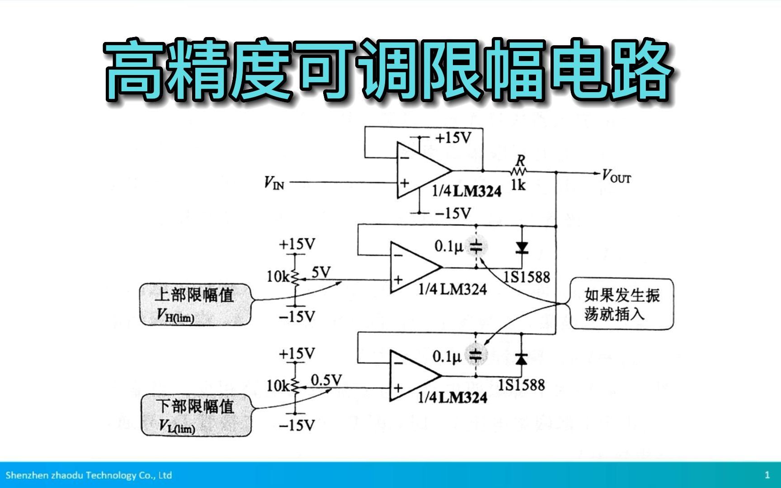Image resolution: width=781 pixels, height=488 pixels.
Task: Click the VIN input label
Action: click(x=274, y=183)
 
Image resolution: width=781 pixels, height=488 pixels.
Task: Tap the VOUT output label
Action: click(x=616, y=176)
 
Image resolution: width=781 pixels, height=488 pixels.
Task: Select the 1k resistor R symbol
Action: click(x=518, y=171)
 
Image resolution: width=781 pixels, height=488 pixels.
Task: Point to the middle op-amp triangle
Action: click(x=413, y=267)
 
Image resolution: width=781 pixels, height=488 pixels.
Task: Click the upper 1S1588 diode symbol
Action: click(x=522, y=247)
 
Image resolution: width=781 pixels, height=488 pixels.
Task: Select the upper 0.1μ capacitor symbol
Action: click(x=476, y=247)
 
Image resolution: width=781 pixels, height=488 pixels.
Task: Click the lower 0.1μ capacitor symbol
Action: click(x=475, y=355)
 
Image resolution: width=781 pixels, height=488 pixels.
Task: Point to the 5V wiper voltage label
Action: click(x=321, y=272)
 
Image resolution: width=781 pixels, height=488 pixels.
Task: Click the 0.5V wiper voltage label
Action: click(x=326, y=380)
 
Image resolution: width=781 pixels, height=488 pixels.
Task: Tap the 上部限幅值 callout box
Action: click(x=195, y=304)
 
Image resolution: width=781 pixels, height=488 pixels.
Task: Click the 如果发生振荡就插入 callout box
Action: click(x=621, y=304)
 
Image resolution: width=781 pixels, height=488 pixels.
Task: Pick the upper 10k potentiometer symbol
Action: click(x=295, y=277)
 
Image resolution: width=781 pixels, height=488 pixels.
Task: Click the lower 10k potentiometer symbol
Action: click(x=295, y=385)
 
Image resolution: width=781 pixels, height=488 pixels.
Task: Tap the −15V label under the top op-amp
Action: click(x=453, y=213)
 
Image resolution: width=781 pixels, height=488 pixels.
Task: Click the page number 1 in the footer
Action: click(x=767, y=475)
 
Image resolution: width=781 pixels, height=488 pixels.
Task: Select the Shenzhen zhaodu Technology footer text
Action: click(x=89, y=475)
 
